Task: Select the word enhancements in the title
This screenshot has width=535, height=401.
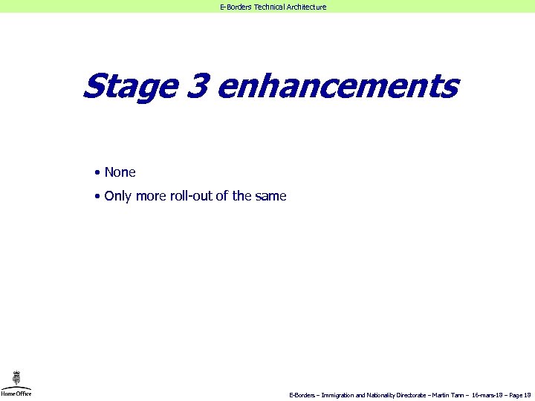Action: click(338, 86)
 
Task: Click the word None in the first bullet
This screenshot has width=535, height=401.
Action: click(120, 172)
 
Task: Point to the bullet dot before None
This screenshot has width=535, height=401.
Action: click(97, 173)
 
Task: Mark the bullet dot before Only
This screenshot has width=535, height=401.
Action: click(97, 197)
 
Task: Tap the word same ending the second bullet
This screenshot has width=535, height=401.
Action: click(270, 197)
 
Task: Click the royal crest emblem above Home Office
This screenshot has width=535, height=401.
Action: click(16, 378)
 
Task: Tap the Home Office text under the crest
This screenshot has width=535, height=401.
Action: click(16, 394)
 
